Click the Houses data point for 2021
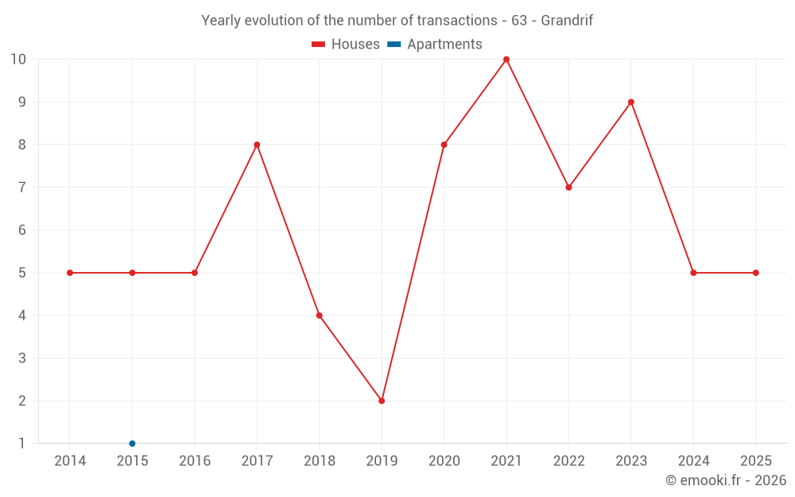click(x=506, y=60)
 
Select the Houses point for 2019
click(x=382, y=401)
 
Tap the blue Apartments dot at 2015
click(x=132, y=444)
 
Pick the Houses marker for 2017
click(x=257, y=145)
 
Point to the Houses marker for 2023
click(x=631, y=102)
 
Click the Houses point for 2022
click(x=568, y=188)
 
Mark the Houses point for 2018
click(x=319, y=316)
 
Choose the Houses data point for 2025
click(x=756, y=273)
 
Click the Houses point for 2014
click(x=70, y=273)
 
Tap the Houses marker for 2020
click(x=444, y=145)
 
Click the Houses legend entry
click(x=346, y=45)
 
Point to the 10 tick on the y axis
click(x=17, y=60)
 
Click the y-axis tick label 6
click(x=21, y=231)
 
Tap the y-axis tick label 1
click(x=21, y=444)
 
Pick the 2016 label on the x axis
click(x=195, y=461)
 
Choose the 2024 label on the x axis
click(x=693, y=461)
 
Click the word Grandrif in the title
click(x=567, y=21)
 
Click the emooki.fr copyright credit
click(x=726, y=480)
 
